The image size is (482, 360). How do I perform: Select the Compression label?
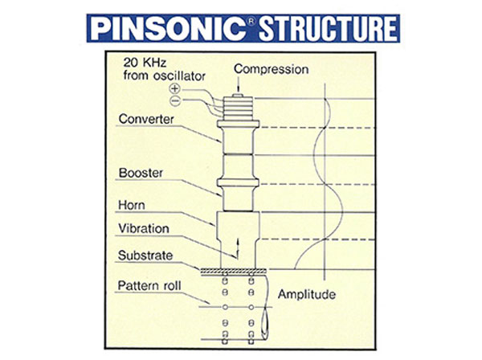click(271, 69)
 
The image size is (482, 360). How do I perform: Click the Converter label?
click(147, 121)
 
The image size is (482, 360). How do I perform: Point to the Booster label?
click(141, 171)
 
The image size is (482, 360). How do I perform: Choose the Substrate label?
click(147, 256)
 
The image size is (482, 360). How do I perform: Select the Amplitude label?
click(306, 295)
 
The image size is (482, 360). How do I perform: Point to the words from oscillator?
click(164, 77)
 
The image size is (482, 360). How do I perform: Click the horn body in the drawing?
click(238, 233)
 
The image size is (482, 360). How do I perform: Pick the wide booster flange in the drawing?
click(239, 194)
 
